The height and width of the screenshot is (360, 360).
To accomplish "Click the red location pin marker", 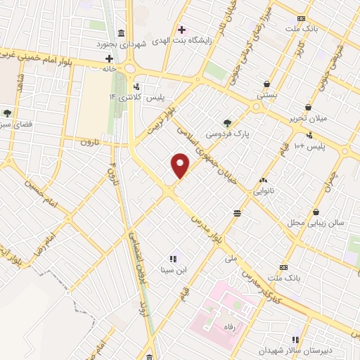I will pos(181,165).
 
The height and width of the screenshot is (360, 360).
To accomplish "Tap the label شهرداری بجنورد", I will pos(122,44).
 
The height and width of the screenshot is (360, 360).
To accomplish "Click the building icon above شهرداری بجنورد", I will pos(122,33).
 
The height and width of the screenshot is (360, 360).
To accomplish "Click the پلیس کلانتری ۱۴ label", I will pos(134,96).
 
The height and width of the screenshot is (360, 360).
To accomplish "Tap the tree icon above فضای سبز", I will pos(7,112).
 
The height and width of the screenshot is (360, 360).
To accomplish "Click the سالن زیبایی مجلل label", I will pos(316,222).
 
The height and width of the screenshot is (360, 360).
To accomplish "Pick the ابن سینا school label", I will pos(173,269).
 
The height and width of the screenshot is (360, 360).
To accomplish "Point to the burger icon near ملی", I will pos(237,212).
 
